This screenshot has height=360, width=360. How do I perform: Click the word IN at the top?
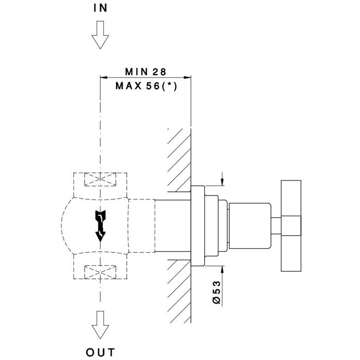coord(100,8)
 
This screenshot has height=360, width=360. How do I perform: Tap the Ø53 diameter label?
coord(216,293)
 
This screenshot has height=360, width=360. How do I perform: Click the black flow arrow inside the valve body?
coord(100,225)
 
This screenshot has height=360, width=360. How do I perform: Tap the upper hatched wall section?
coord(179,158)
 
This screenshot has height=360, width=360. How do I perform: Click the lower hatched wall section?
coord(179,290)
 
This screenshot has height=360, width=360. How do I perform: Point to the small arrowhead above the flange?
coord(223,181)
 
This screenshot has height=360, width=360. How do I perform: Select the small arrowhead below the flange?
coord(223,269)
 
